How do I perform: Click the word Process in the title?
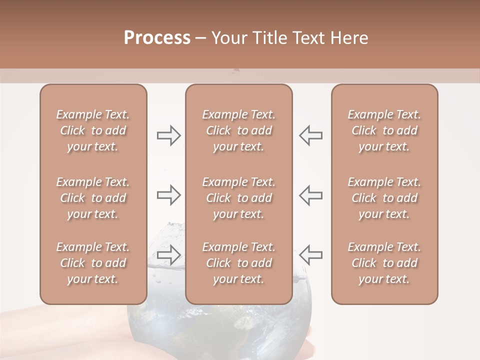coord(157,38)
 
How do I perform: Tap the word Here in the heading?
coord(348,38)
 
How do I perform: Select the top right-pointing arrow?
coord(169,135)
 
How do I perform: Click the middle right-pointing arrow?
coord(169,195)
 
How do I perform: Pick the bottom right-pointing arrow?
coord(169,254)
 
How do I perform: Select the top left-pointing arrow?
coord(311,135)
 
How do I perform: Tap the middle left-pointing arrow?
coord(311,195)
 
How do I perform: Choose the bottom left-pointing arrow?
coord(311,254)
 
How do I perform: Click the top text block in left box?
coord(93,130)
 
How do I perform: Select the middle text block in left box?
coord(93,198)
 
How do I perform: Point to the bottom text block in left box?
coord(93,263)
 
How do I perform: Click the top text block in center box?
coord(239,130)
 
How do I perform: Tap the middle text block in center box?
coord(239,198)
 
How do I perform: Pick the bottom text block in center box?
coord(239,263)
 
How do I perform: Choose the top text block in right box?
coord(384,130)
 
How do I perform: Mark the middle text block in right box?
coord(384,198)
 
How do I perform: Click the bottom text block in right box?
coord(384,263)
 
